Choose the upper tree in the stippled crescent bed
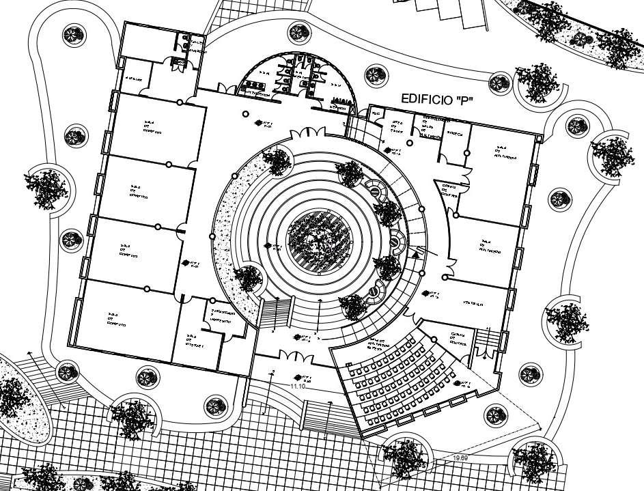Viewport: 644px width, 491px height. tap(277, 160)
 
